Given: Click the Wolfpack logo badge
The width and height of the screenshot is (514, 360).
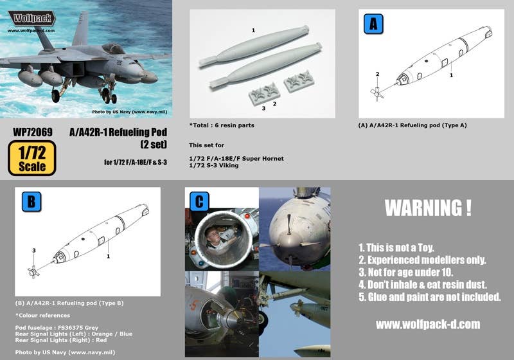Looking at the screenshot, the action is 31,18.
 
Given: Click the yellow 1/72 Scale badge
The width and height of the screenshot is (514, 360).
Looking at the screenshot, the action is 31,158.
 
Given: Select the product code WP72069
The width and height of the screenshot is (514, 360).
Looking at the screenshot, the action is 33,132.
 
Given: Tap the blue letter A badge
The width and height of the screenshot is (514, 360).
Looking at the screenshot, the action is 373,24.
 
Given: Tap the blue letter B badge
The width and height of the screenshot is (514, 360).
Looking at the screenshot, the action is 31,202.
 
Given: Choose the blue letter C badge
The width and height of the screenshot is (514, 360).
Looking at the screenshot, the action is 199,201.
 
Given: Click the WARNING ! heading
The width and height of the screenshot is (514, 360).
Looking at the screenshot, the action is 428,208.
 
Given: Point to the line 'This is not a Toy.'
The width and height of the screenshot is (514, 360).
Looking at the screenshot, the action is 396,248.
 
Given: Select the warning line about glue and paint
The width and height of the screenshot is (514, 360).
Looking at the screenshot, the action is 429,297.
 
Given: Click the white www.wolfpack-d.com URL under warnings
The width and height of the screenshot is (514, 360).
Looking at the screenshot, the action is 428,324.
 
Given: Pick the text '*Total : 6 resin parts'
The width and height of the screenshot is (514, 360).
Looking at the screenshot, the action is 222,125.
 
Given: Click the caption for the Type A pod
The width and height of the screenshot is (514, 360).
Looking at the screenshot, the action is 412,125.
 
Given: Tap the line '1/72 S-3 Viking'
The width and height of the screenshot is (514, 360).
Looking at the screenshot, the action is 214,166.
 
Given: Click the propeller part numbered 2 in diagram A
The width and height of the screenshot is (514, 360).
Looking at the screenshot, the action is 377,93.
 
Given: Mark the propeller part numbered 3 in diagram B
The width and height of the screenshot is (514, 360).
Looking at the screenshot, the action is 33,272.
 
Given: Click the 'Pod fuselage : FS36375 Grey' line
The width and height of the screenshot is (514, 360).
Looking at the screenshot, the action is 57,328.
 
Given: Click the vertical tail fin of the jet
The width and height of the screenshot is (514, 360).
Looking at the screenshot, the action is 81,29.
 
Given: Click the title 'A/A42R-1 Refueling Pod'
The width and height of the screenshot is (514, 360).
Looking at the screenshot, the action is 118,132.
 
